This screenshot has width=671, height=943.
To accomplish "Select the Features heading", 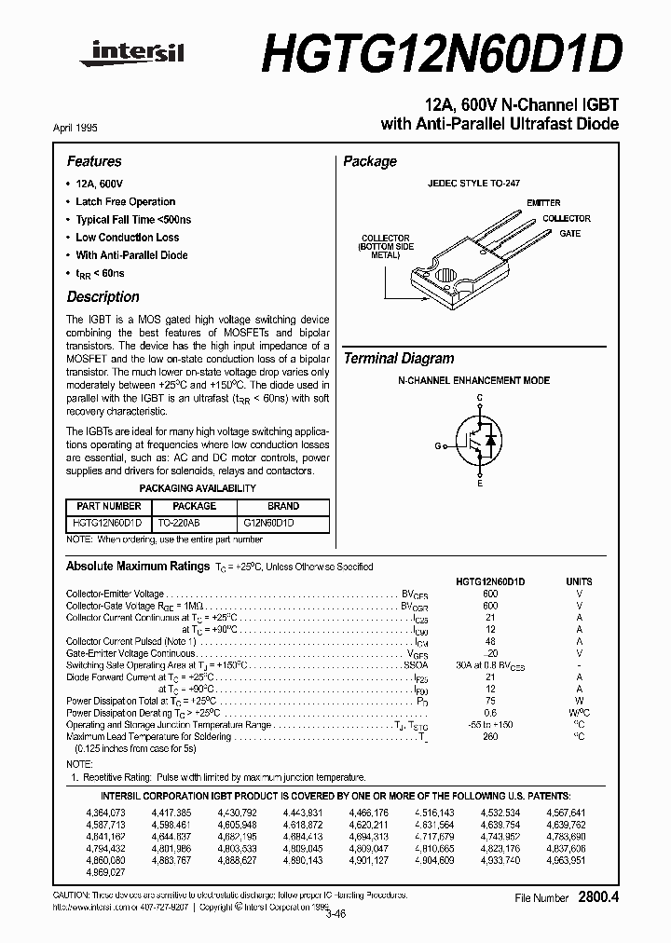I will click(x=94, y=161).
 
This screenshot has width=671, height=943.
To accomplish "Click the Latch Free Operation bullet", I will click(x=125, y=201).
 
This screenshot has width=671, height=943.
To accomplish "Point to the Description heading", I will click(x=103, y=297).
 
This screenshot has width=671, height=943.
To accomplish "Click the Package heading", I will click(x=370, y=161).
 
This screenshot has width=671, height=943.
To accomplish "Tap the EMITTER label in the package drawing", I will click(x=543, y=202).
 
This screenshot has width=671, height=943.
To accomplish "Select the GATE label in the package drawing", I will click(x=570, y=234).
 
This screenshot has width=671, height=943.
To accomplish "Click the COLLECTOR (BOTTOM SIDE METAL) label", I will click(x=385, y=246).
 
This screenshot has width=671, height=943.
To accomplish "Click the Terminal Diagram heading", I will click(x=399, y=359).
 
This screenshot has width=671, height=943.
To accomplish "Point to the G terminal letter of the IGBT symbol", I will click(x=436, y=445).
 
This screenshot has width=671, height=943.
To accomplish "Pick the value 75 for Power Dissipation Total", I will click(x=489, y=699).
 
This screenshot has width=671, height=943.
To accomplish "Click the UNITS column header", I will click(x=579, y=581).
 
